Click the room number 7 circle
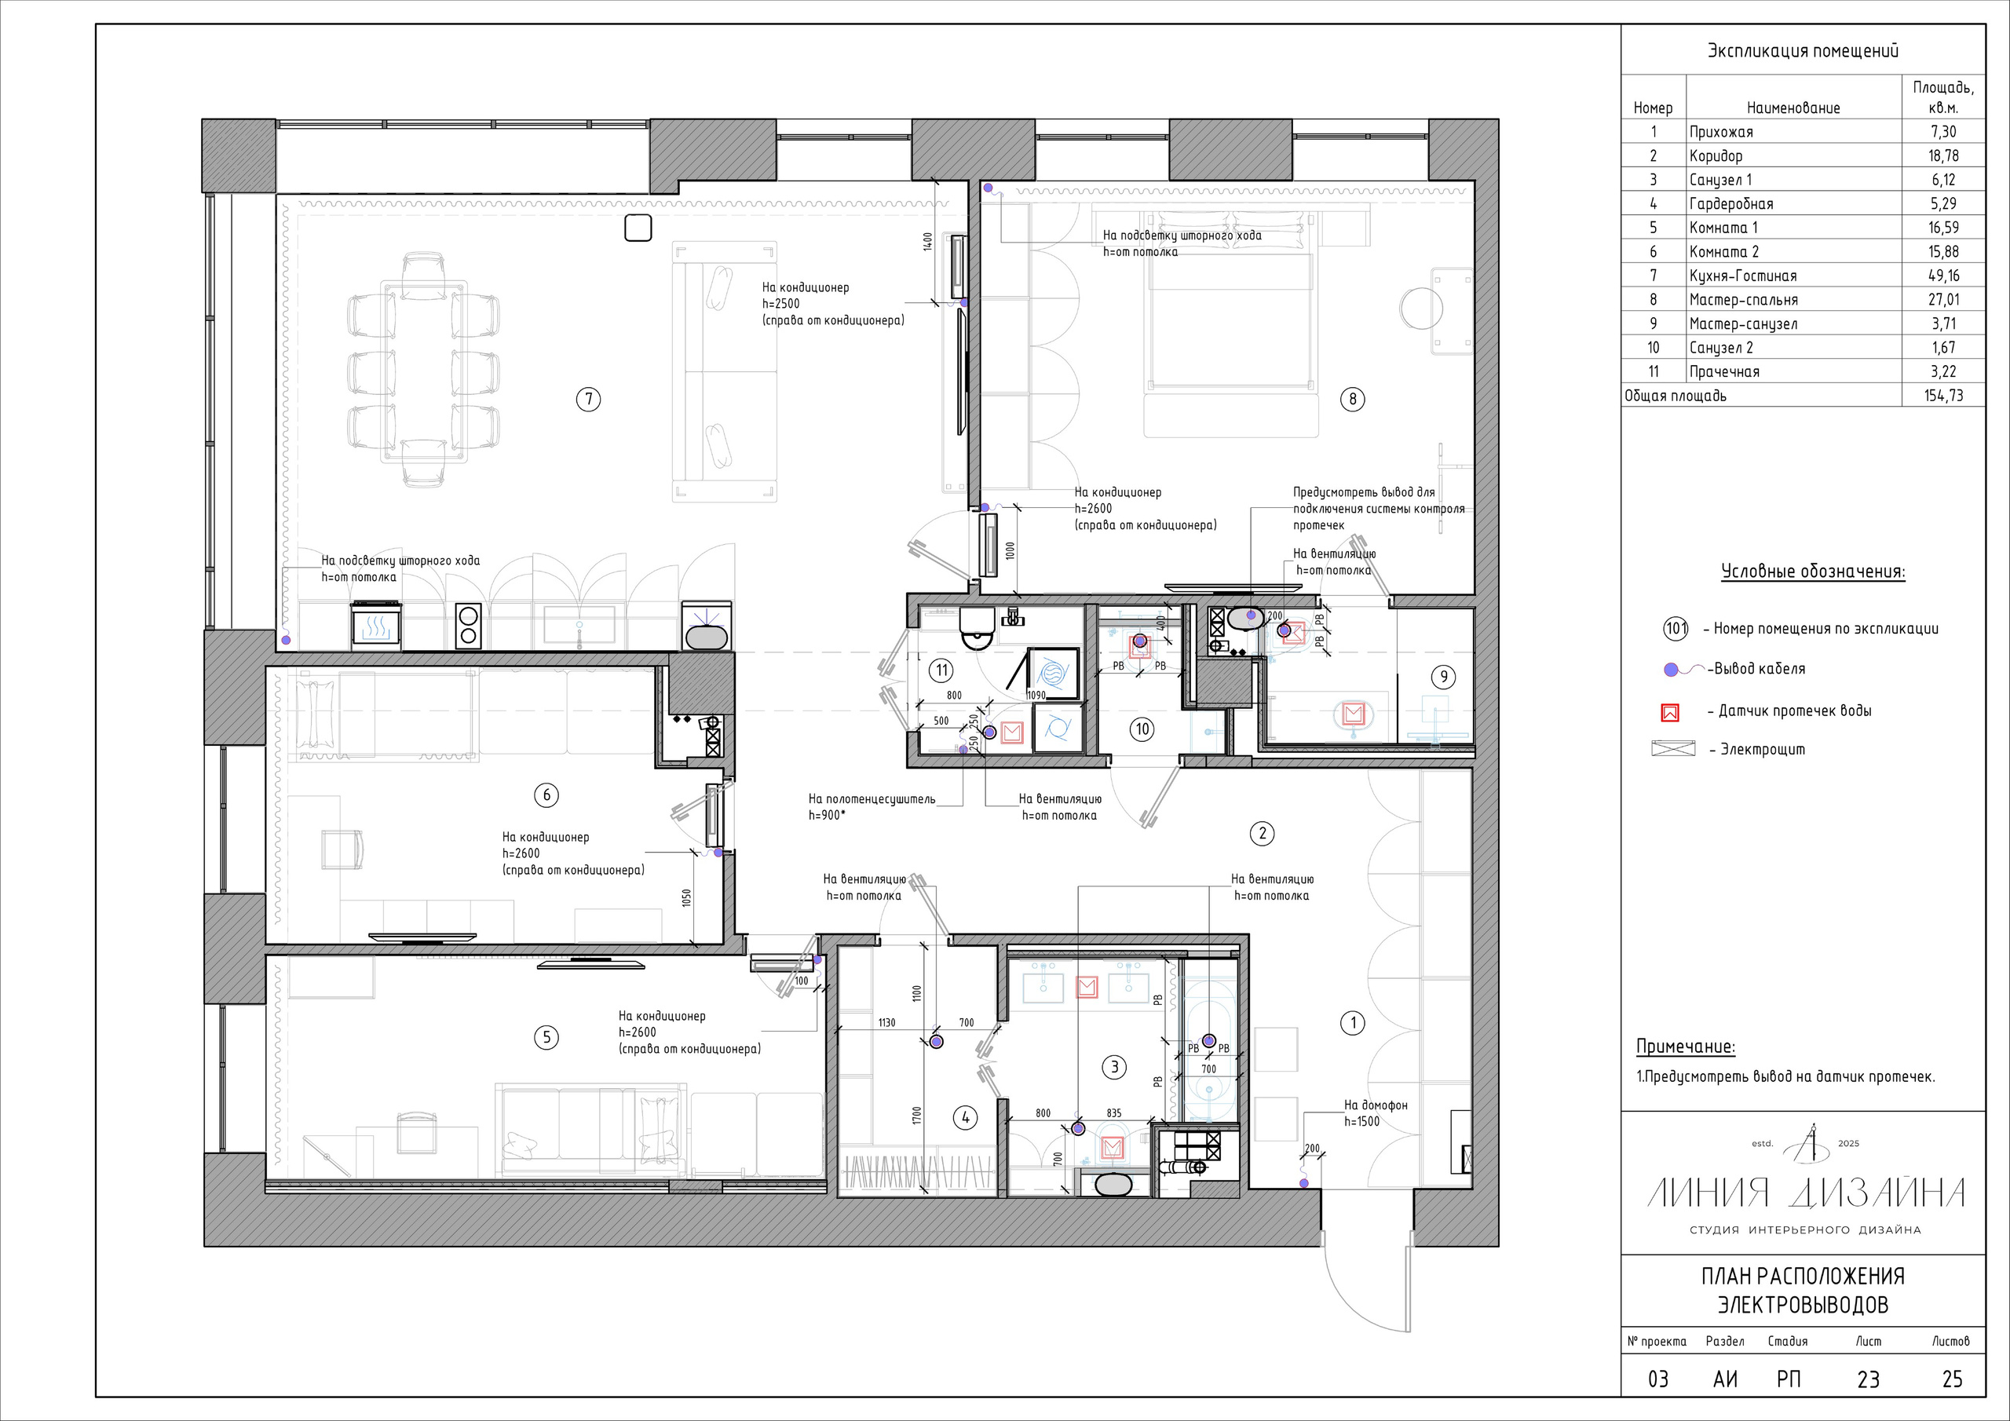[x=588, y=400]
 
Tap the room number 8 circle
[x=1353, y=400]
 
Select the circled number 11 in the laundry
[x=941, y=670]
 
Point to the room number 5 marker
[x=546, y=1038]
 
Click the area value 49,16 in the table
[x=1942, y=276]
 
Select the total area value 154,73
[x=1943, y=396]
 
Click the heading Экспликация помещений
[x=1803, y=51]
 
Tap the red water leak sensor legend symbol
[x=1669, y=713]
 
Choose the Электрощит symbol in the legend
[x=1673, y=749]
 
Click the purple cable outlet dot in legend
[x=1670, y=670]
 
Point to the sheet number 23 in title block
[x=1868, y=1380]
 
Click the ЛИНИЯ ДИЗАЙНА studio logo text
[x=1805, y=1193]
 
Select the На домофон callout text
[x=1376, y=1105]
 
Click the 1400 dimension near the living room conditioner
[x=927, y=242]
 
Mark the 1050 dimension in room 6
[x=686, y=898]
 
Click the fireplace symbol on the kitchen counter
[x=376, y=625]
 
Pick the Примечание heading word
[x=1685, y=1047]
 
